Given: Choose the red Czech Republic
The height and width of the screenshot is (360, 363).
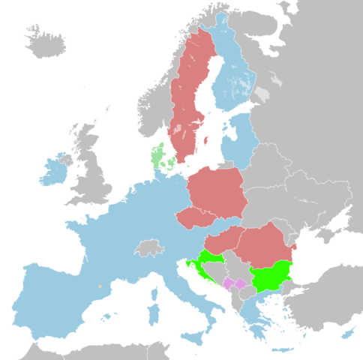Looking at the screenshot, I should point(196,218).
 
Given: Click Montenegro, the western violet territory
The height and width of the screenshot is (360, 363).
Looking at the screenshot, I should point(227,284).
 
